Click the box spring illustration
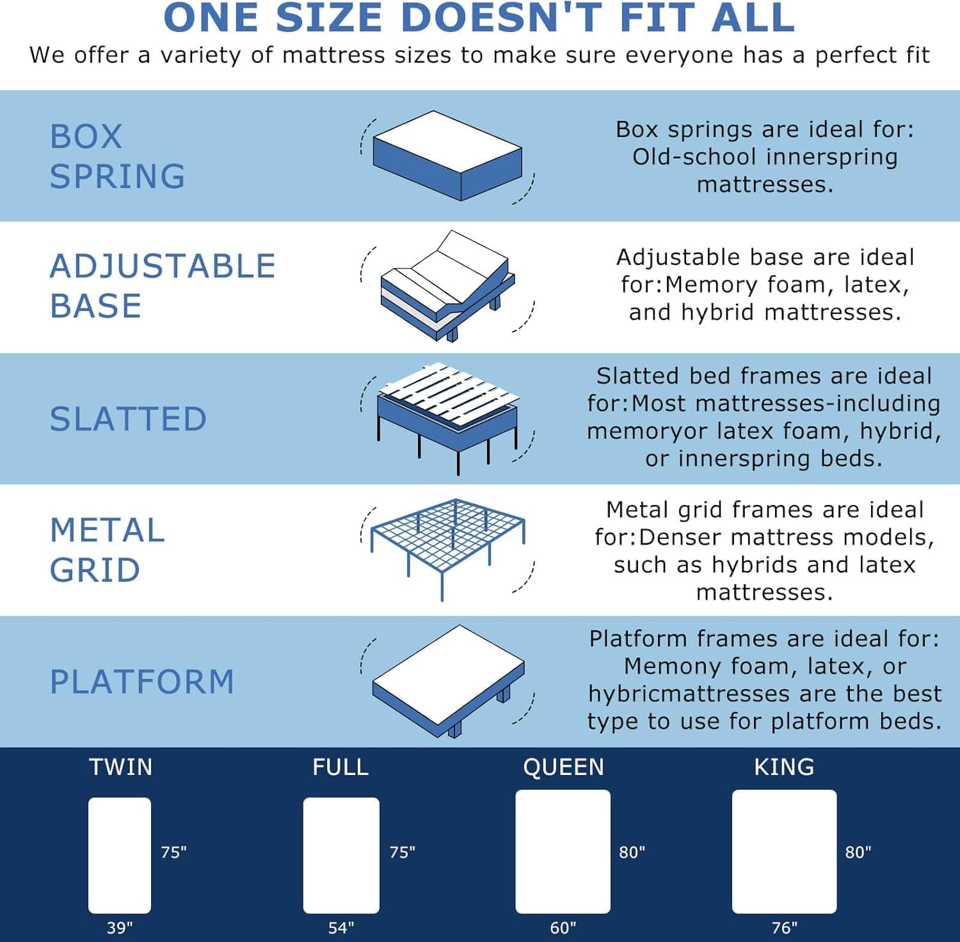click(447, 156)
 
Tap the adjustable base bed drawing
click(447, 286)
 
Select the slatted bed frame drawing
click(447, 416)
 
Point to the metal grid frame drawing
click(447, 547)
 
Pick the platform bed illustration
click(449, 680)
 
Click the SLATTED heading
click(128, 419)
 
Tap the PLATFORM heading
click(142, 682)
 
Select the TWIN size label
click(120, 767)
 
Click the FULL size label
click(340, 767)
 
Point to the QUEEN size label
click(563, 767)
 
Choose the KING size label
click(784, 767)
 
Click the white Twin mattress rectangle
click(120, 855)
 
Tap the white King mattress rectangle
click(784, 851)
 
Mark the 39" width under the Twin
click(120, 927)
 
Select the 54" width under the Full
click(341, 927)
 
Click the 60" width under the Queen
click(563, 927)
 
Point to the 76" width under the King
click(785, 927)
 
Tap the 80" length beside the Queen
click(632, 852)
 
